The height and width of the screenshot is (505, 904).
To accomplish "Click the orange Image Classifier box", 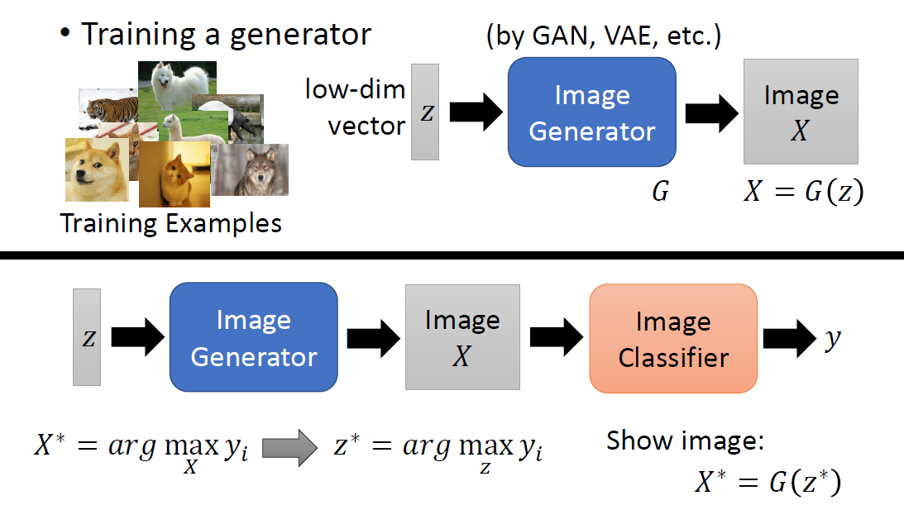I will [x=672, y=338].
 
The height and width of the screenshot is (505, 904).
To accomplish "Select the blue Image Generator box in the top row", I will [x=591, y=113].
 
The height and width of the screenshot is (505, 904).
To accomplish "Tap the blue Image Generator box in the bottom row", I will [x=253, y=337].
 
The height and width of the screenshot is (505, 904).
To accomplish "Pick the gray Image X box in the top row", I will [x=800, y=112].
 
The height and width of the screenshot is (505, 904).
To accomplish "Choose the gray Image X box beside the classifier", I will [x=462, y=337].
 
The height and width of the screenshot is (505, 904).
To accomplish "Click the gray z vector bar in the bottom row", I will [x=87, y=337].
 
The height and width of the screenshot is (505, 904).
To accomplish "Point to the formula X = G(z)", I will [x=802, y=193].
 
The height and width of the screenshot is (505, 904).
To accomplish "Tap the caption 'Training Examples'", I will [x=171, y=223].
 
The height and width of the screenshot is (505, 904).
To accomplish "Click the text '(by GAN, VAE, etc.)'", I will [x=604, y=36].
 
